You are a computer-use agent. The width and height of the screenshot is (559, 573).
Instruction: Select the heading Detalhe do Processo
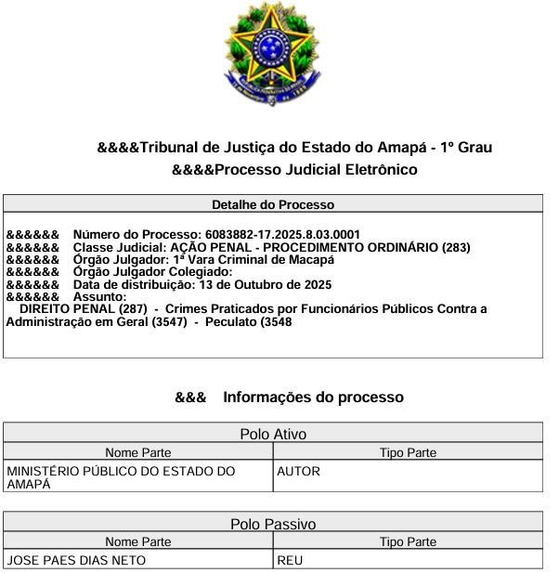pyautogui.click(x=273, y=204)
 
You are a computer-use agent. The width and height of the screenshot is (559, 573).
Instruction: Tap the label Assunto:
pyautogui.click(x=99, y=296)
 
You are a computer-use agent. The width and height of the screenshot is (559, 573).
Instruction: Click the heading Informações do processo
pyautogui.click(x=313, y=397)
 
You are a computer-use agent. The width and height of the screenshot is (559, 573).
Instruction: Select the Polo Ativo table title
pyautogui.click(x=273, y=434)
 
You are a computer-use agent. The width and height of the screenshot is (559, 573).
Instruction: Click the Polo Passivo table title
pyautogui.click(x=273, y=525)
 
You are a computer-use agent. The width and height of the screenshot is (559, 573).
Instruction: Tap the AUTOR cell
pyautogui.click(x=299, y=472)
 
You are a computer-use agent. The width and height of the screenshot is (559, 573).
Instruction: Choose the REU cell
pyautogui.click(x=291, y=561)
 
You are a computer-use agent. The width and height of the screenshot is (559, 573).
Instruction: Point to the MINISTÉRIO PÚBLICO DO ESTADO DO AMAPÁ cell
pyautogui.click(x=121, y=477)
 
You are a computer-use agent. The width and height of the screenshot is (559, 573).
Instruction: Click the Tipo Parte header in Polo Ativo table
pyautogui.click(x=408, y=452)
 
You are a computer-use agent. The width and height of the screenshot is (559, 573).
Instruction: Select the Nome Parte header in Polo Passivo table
pyautogui.click(x=137, y=542)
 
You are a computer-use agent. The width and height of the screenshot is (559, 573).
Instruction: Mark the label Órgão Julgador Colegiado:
pyautogui.click(x=152, y=272)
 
